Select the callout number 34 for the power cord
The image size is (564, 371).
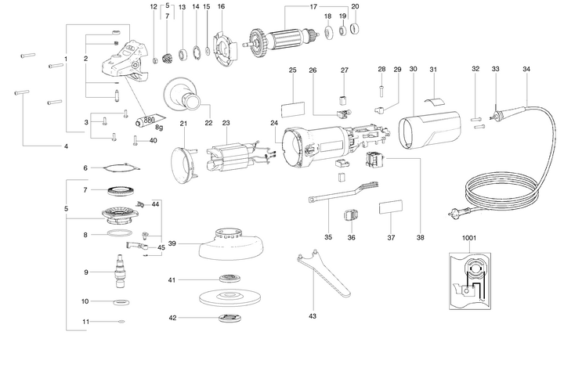526,70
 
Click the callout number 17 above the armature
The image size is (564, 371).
291,7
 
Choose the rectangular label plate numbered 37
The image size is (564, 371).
392,209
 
